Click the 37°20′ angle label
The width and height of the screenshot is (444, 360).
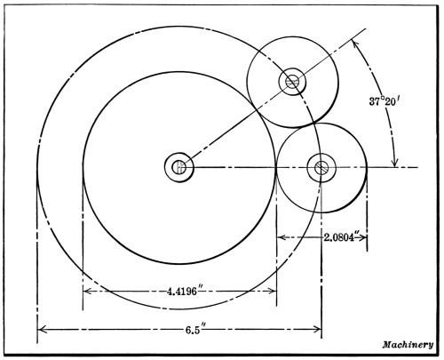(x=382, y=101)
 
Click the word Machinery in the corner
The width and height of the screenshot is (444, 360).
(x=408, y=345)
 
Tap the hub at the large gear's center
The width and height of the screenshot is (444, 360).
(x=179, y=167)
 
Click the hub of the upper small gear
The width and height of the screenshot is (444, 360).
(x=292, y=82)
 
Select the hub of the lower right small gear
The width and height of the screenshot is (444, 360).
(x=321, y=168)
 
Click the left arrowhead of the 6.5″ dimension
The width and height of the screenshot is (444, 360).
(x=42, y=329)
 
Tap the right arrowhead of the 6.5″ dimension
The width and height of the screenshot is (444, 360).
(x=317, y=329)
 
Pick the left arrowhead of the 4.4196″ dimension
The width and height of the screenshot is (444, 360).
(x=87, y=292)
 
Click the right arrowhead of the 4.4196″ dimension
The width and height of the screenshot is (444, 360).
(x=272, y=292)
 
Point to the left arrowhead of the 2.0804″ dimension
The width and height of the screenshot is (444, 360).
(x=281, y=237)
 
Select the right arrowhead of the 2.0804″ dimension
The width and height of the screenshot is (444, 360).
(x=363, y=237)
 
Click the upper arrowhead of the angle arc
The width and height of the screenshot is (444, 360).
(x=354, y=44)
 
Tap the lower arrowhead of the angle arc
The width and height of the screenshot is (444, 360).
(x=394, y=163)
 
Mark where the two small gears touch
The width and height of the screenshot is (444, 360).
(x=313, y=124)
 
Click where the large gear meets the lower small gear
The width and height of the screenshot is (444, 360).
(x=276, y=168)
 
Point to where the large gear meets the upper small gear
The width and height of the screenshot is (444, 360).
(x=256, y=109)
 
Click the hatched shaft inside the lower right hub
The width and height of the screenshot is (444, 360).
(x=321, y=168)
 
